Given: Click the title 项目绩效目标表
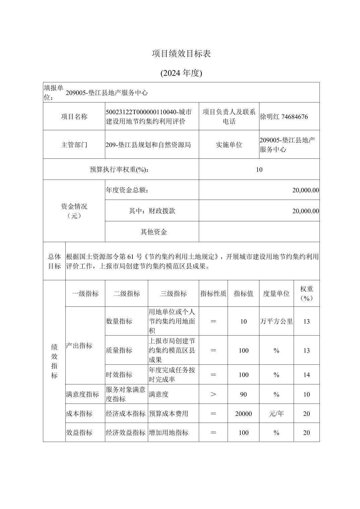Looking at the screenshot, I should [181, 54].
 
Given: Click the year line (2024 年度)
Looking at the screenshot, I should [181, 73].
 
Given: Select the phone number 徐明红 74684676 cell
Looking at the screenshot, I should [284, 117].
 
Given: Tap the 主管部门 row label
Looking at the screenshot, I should [74, 145].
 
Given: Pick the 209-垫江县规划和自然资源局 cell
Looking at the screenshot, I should [148, 145].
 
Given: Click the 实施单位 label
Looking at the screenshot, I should [229, 145].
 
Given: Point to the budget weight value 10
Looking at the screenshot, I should [259, 169].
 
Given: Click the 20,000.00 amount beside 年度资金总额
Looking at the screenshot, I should [305, 190].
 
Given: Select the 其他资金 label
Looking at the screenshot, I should [154, 232].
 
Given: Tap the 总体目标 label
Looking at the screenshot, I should [54, 261].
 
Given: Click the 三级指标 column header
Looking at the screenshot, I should [173, 294].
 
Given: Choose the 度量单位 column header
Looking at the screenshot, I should [276, 294].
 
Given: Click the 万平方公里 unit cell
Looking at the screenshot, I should [276, 321].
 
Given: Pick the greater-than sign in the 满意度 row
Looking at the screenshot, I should [213, 394].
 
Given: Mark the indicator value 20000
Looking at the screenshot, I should [243, 414].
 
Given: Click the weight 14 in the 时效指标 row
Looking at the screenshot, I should [306, 375].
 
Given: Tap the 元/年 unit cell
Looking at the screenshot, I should [276, 414].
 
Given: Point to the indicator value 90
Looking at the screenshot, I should [243, 394].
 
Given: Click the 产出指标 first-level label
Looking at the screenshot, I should [79, 346].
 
